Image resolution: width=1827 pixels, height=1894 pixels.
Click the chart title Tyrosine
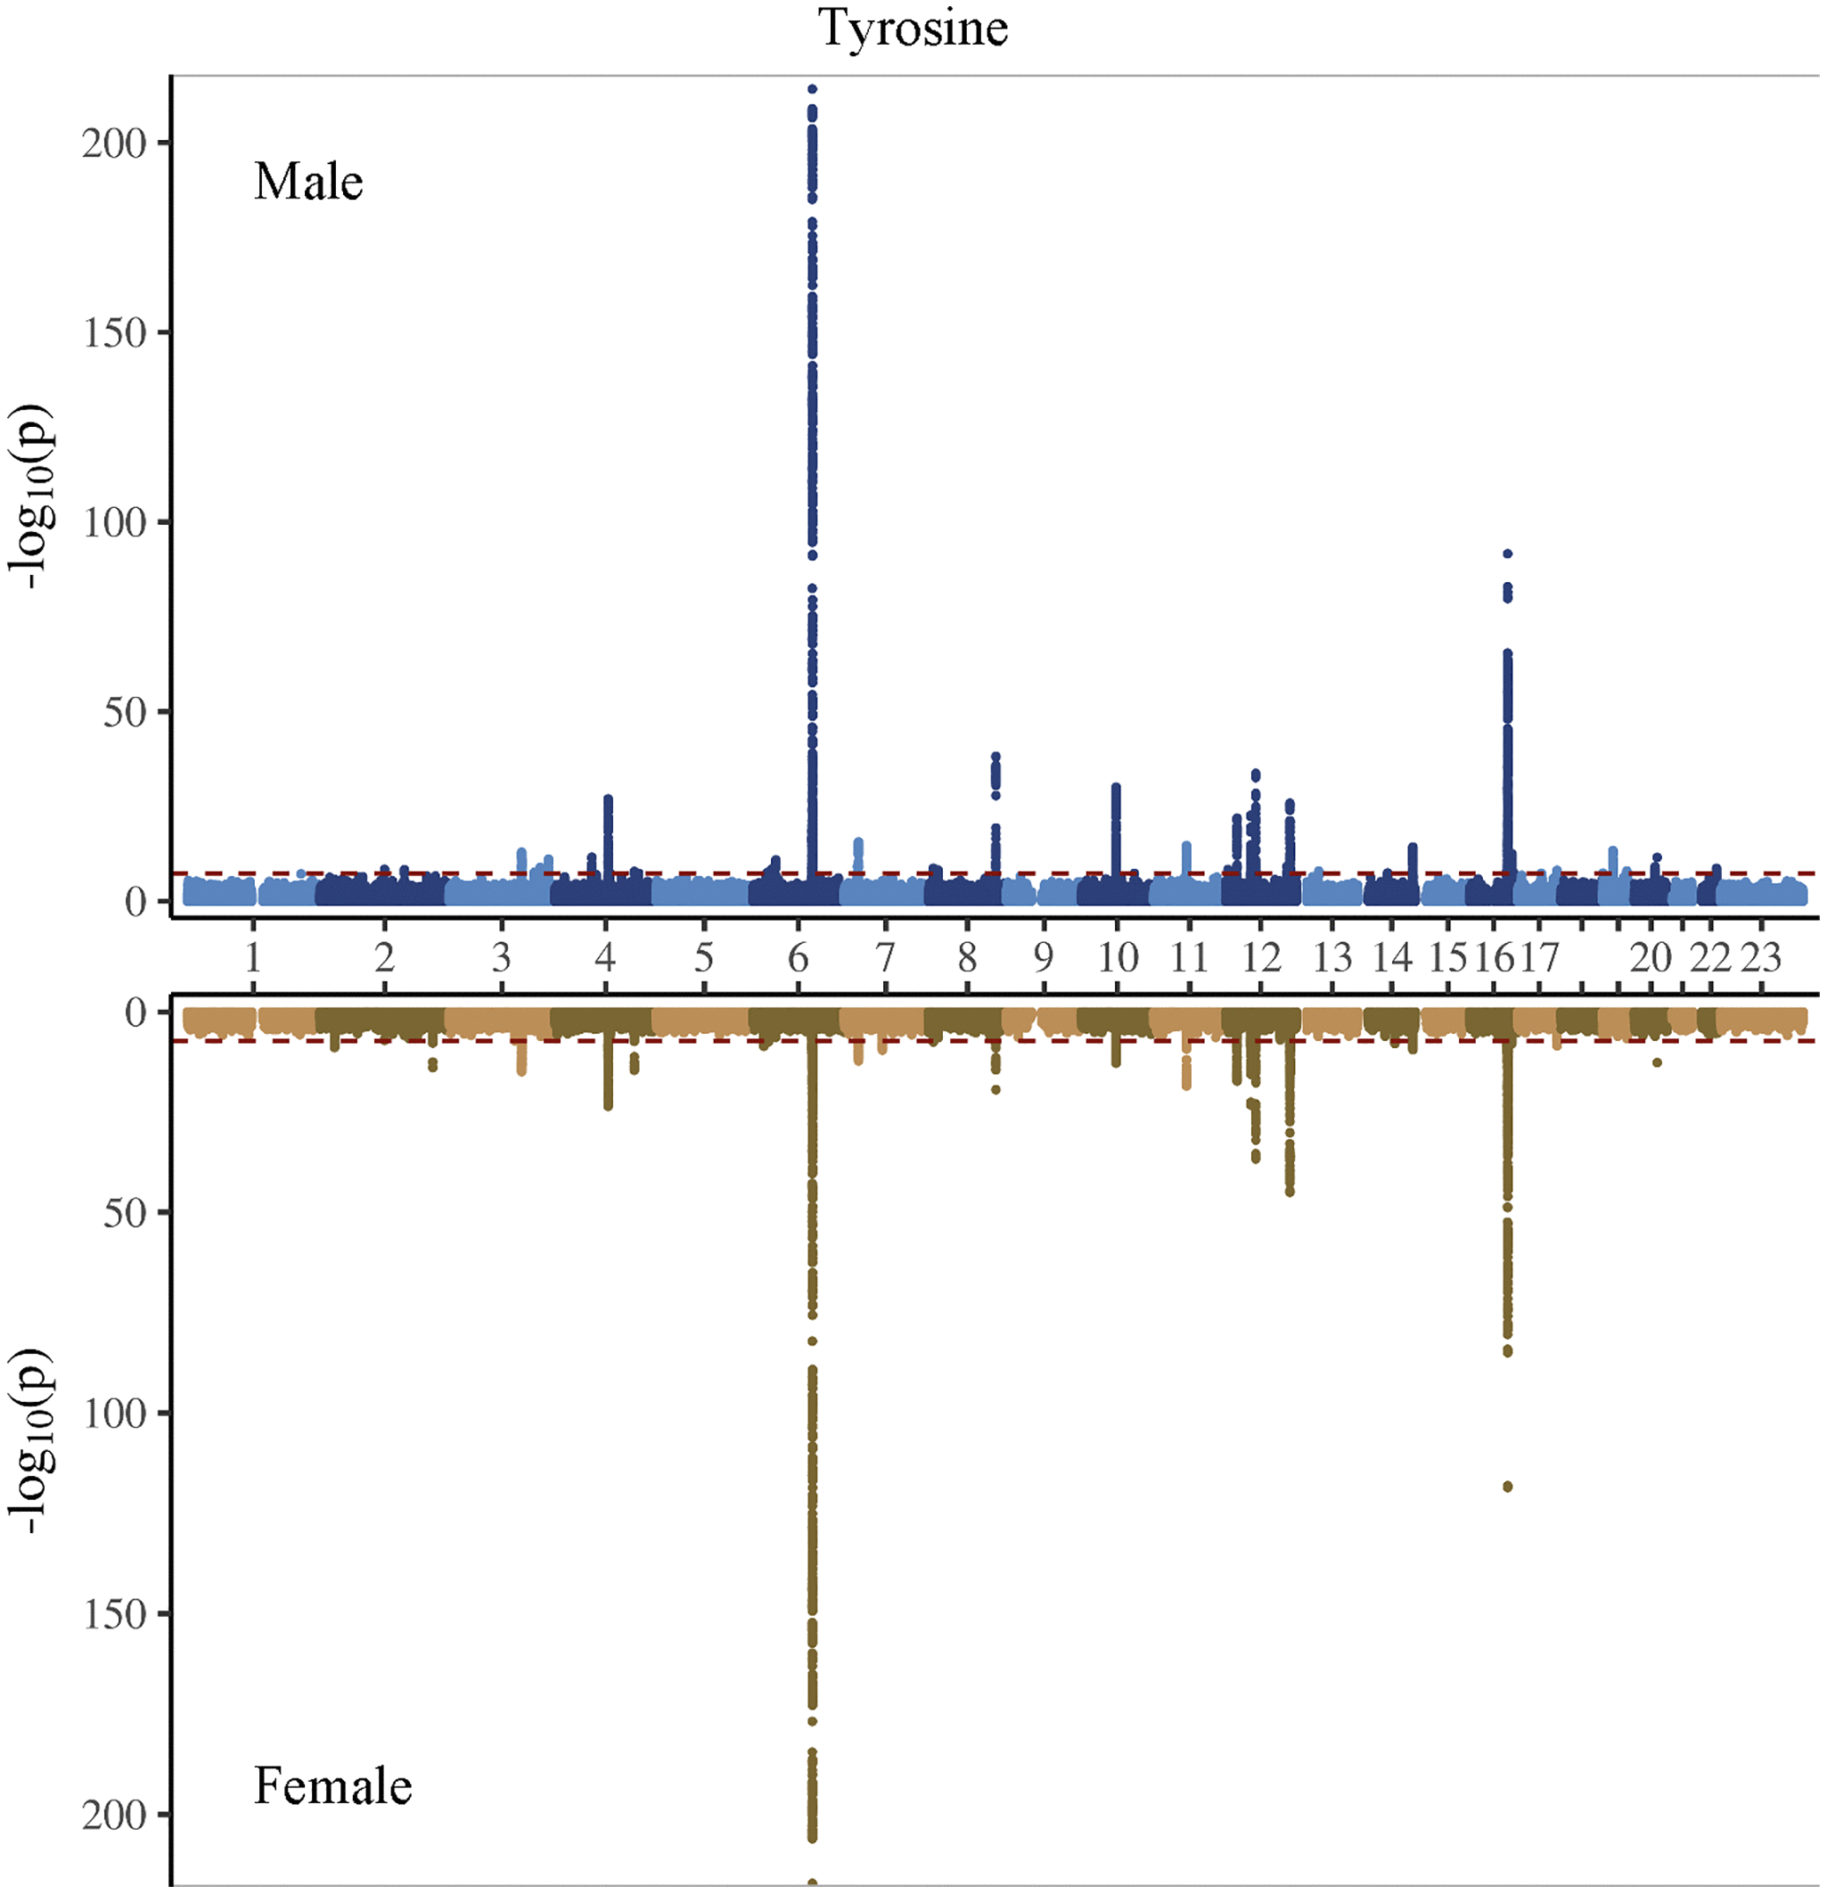913,27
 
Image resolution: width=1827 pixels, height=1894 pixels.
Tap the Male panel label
308,182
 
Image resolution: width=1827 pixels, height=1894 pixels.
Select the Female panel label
332,1786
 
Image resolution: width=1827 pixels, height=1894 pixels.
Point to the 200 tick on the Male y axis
113,143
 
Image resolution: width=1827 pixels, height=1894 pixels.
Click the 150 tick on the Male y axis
113,333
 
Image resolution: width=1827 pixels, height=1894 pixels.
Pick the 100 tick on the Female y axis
113,1414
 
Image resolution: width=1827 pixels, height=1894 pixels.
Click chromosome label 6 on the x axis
798,957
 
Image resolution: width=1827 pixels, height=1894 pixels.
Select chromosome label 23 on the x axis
1760,957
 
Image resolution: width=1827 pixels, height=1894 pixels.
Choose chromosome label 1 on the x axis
253,957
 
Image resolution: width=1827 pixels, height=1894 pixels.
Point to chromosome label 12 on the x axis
1261,957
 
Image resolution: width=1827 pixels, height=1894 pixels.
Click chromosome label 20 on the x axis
1651,957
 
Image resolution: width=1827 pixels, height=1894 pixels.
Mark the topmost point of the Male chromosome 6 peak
813,89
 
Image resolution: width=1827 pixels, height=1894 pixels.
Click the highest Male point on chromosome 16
1507,553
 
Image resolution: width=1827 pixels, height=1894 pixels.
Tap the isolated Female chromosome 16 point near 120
1507,1486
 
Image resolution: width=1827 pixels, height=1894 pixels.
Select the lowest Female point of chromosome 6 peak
813,1882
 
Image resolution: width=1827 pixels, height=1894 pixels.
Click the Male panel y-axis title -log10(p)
31,496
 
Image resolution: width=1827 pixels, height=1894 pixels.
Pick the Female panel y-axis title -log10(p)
31,1439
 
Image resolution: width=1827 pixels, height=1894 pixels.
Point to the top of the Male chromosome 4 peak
608,799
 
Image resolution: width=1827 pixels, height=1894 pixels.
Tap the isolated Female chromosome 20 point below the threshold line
1657,1062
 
